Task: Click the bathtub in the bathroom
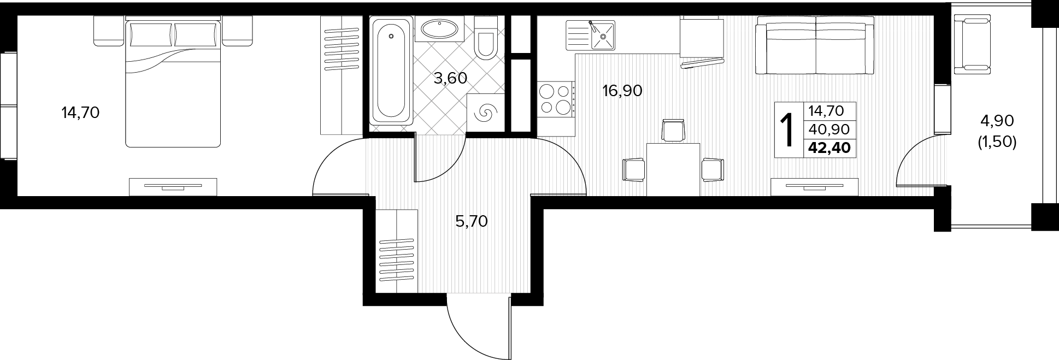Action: pyautogui.click(x=391, y=71)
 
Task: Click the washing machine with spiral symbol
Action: pyautogui.click(x=485, y=113)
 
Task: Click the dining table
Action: pyautogui.click(x=673, y=169)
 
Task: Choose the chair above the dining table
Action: pyautogui.click(x=673, y=131)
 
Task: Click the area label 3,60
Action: pyautogui.click(x=450, y=78)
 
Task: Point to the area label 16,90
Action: pyautogui.click(x=622, y=91)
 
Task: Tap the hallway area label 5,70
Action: pyautogui.click(x=471, y=221)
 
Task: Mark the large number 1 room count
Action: pyautogui.click(x=788, y=131)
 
